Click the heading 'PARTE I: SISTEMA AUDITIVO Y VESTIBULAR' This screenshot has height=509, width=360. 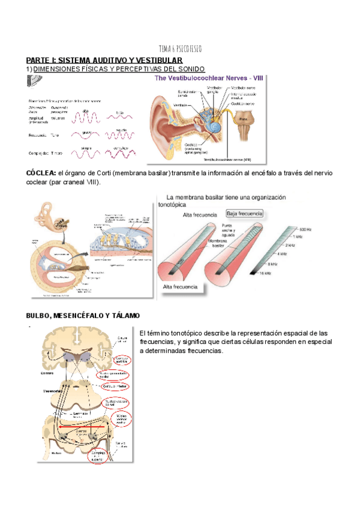click(104, 61)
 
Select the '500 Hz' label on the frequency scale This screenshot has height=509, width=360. click(305, 229)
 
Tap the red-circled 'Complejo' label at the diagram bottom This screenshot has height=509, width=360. click(98, 454)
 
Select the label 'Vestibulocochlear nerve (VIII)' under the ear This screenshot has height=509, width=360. click(227, 160)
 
